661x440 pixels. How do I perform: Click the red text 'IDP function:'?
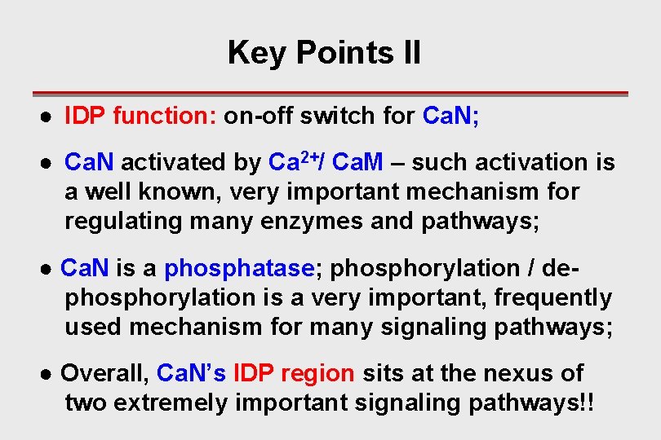(x=140, y=117)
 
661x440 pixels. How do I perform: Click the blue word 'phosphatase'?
(x=239, y=268)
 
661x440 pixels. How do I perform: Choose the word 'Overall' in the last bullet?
(x=104, y=373)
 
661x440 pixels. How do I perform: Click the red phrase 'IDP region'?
(x=294, y=373)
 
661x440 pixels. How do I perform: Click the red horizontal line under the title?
(x=330, y=94)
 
